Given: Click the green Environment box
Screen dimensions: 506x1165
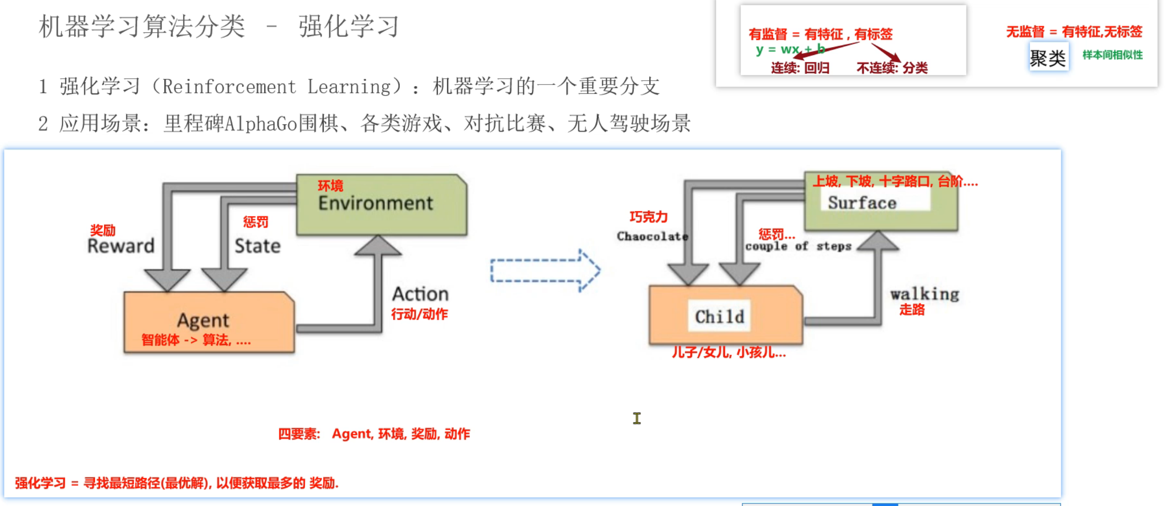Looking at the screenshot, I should pos(382,205).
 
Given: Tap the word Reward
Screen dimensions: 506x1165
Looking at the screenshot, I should pos(121,246).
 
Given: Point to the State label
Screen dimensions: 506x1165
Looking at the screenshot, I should pos(257,246).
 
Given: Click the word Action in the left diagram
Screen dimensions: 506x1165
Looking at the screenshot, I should pos(420,294).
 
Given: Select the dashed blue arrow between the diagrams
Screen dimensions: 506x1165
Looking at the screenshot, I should pos(545,271).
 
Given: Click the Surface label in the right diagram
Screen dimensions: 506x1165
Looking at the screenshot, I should pos(862,203).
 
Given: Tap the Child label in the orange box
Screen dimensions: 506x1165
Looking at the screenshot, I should pos(719,317).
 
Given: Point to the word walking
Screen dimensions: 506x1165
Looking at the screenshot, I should pos(925,294).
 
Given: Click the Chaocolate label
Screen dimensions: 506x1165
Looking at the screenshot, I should pos(652,236).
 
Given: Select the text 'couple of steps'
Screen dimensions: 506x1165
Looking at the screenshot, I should pos(798,246).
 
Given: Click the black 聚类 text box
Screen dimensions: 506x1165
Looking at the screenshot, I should pos(1048,58).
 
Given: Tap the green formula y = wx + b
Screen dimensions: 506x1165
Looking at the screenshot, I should pos(790,49).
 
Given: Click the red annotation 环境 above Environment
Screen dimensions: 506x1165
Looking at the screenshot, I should pos(330,185).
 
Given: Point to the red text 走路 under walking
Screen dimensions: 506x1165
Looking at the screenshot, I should pos(911,310).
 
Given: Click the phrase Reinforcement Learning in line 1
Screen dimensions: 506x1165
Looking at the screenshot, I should pos(277,87).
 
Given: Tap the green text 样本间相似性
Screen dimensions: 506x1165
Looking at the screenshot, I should pos(1112,55).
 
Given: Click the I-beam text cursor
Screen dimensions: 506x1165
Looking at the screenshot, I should pos(637,418).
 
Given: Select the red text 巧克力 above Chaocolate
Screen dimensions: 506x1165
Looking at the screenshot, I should pos(648,217).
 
